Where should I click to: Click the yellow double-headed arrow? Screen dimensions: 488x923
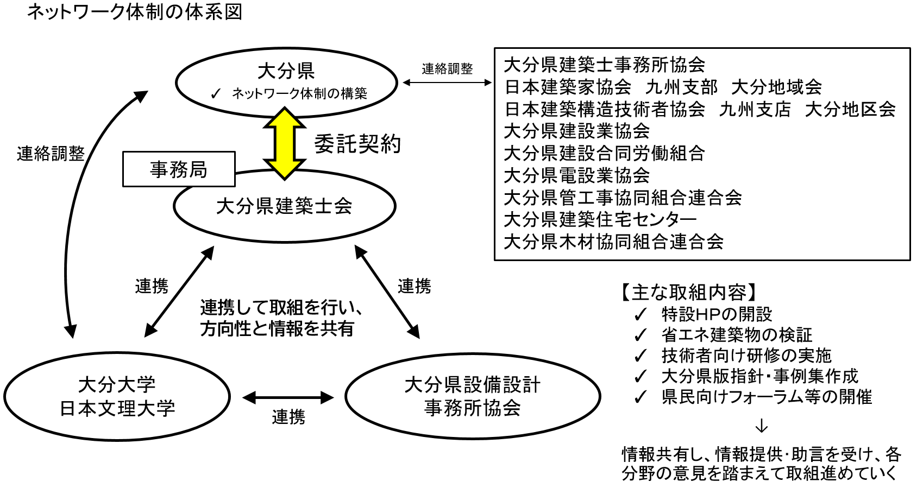click(x=284, y=143)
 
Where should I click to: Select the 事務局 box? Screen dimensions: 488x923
click(x=179, y=169)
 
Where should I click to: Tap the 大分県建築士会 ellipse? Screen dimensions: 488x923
click(x=284, y=207)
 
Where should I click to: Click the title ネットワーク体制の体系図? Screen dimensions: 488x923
click(x=135, y=12)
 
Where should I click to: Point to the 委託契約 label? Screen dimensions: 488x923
click(x=357, y=144)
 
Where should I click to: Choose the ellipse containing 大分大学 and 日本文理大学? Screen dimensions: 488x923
click(x=117, y=397)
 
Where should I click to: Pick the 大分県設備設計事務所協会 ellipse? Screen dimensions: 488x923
click(x=472, y=397)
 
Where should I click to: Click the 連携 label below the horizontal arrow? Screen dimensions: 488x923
click(x=288, y=417)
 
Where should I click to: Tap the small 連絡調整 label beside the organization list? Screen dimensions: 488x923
click(x=447, y=69)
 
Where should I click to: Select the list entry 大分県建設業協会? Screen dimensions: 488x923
click(x=577, y=131)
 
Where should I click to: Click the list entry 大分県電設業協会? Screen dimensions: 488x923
click(x=577, y=175)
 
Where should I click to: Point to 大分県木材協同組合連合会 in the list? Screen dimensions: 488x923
click(x=613, y=242)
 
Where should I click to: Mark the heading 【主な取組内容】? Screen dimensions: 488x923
click(x=688, y=293)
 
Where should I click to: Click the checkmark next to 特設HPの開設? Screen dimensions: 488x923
click(x=641, y=314)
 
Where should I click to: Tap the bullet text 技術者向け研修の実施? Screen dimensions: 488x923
click(x=746, y=356)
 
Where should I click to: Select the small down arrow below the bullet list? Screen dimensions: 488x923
click(x=762, y=426)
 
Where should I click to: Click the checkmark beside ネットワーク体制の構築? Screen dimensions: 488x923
click(x=216, y=94)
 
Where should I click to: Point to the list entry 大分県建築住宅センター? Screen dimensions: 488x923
click(x=600, y=219)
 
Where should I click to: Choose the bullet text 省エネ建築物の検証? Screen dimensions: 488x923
click(x=737, y=335)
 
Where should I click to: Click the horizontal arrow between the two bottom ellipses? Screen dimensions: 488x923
click(x=288, y=398)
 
